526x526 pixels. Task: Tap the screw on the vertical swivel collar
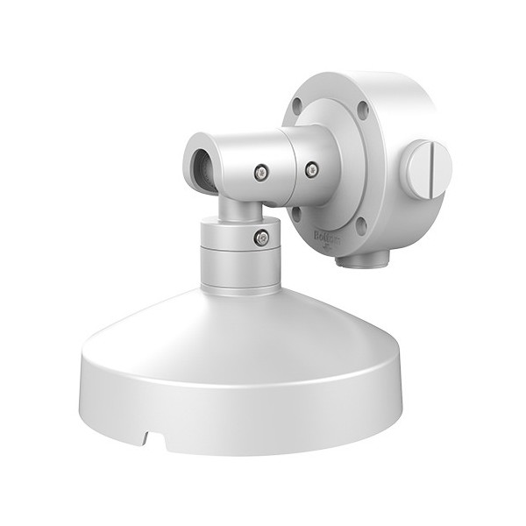pos(259,238)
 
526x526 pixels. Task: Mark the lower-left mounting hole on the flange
pos(297,211)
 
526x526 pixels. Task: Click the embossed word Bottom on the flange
pos(326,235)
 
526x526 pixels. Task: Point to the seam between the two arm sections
pos(285,167)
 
